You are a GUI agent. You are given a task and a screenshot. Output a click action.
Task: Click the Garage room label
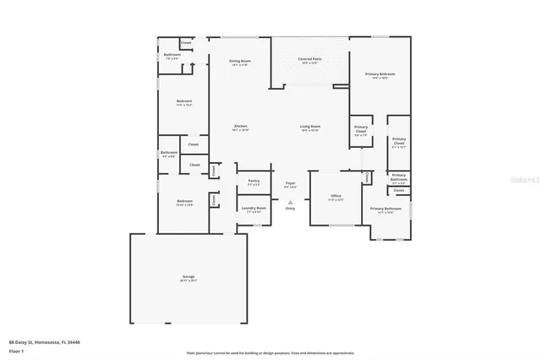coord(189,276)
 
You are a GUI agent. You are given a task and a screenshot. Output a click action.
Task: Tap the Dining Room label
coord(240,61)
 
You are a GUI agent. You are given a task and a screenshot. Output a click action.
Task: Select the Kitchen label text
coord(241,127)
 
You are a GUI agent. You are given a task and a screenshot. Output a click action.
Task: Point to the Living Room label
coord(310,127)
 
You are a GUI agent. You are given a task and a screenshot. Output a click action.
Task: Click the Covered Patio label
coord(309,59)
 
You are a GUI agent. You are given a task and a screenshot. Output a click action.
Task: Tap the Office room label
coord(336,196)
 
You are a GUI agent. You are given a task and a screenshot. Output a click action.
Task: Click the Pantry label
coord(254,181)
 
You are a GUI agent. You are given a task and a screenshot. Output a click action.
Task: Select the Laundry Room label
coord(254,208)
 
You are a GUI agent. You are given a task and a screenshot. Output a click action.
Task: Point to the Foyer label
coord(290,183)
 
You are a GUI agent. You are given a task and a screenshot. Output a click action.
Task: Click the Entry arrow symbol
coord(290,201)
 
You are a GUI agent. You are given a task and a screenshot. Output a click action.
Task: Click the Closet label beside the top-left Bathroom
coord(186,42)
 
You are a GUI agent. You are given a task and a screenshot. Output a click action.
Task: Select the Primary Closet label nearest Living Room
coord(361,129)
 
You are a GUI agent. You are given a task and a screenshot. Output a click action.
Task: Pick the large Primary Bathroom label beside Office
coord(385,209)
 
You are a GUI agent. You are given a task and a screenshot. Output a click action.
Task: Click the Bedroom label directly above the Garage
coord(184,201)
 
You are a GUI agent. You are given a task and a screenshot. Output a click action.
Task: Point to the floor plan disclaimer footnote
coord(270,353)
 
